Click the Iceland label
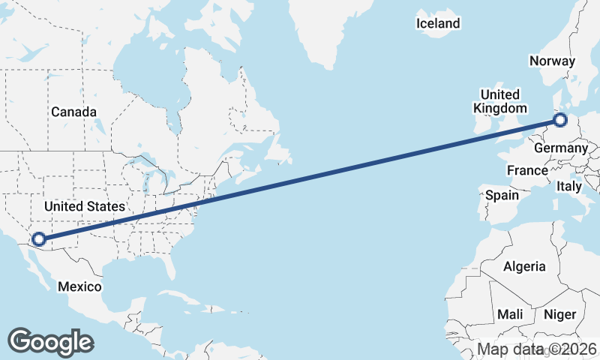pos(438,23)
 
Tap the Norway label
pos(552,61)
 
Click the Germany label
pos(560,148)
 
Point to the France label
pos(527,171)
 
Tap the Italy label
pos(569,186)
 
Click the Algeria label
pos(525,266)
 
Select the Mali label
pos(510,314)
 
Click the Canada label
pos(73,112)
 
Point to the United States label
pos(84,205)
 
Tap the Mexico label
pos(79,286)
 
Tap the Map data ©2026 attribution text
pos(537,349)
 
